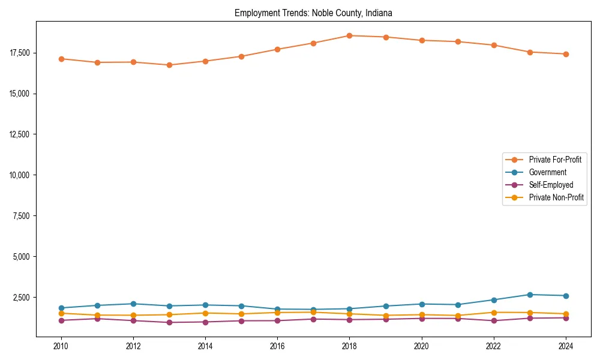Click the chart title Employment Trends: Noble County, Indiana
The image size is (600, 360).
(313, 13)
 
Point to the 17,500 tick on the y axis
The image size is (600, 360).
(19, 53)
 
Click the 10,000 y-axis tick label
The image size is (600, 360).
(19, 175)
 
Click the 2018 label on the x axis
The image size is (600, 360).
(349, 346)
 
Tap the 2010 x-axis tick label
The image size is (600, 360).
(61, 346)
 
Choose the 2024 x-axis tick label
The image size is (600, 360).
(566, 346)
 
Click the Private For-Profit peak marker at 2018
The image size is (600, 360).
(349, 35)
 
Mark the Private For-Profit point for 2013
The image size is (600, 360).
(169, 65)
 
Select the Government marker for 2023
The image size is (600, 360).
(530, 295)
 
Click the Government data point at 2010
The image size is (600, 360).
(61, 308)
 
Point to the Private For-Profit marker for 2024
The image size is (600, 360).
(566, 54)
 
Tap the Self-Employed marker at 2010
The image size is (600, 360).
(61, 320)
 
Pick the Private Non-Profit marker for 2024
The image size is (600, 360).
(566, 314)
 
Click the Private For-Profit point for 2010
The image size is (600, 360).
(61, 59)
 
